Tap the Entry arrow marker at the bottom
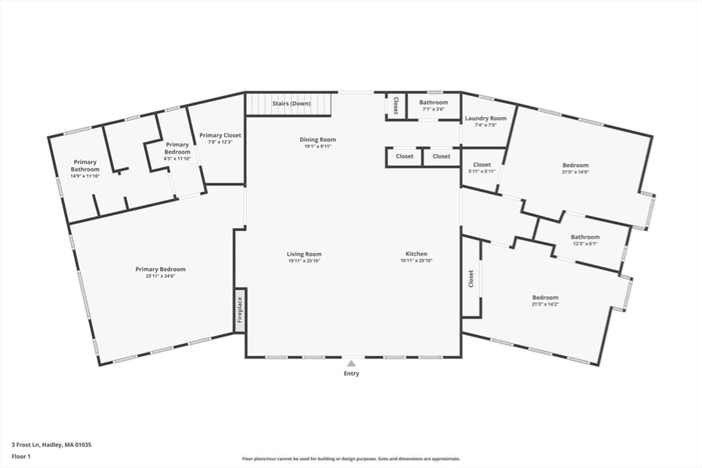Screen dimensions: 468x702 (351, 363)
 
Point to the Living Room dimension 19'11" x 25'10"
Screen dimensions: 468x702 (304, 261)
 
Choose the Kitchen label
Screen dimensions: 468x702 (416, 254)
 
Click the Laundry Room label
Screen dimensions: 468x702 (485, 119)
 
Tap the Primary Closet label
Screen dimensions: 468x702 (220, 136)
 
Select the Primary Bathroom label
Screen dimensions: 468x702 (85, 165)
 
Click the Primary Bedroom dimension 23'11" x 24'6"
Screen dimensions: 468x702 (160, 276)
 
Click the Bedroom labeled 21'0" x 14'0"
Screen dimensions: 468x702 (575, 165)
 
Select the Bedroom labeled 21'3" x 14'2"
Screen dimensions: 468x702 (545, 297)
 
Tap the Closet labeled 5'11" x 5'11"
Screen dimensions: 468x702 (482, 165)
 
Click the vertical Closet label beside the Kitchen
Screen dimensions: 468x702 (471, 279)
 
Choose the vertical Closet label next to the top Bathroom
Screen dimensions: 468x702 (396, 106)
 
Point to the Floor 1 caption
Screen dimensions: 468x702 (21, 457)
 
